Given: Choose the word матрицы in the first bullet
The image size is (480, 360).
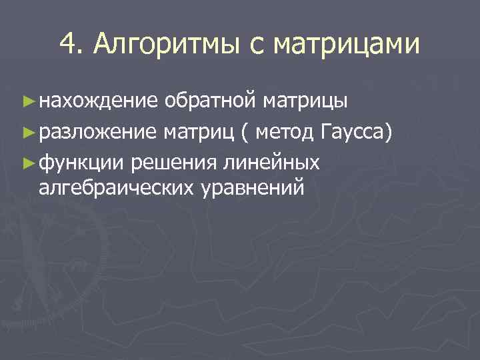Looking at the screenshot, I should click(305, 101).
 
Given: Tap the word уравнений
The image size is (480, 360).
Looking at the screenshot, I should click(252, 188).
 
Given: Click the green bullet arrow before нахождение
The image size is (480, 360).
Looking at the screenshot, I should click(27, 101).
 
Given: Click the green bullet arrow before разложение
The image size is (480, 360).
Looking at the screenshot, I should click(27, 132).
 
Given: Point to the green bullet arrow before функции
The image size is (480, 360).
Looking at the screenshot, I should click(27, 162).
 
